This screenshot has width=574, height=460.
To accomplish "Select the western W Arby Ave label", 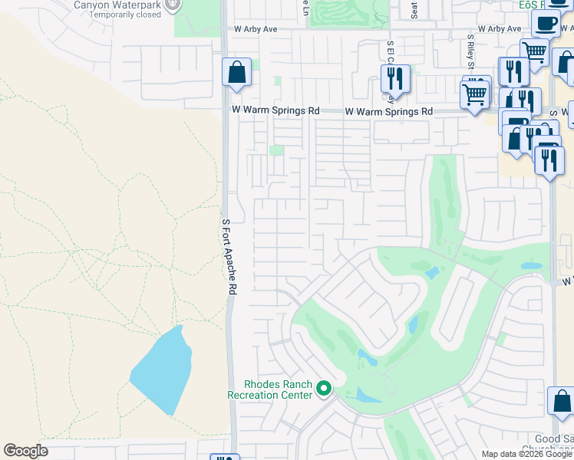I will (x=255, y=29).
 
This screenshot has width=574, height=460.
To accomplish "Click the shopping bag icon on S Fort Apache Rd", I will (x=236, y=73).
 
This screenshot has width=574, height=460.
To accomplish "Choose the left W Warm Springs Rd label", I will (x=276, y=111).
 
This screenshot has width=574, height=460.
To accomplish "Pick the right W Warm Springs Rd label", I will (x=389, y=112).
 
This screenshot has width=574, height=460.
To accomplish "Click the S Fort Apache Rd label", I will (x=227, y=258).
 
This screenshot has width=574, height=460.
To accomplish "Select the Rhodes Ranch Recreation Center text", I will (x=270, y=389).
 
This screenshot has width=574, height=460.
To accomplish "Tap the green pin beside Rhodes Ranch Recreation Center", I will (x=323, y=389).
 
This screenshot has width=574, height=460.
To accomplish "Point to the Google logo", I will (x=25, y=451).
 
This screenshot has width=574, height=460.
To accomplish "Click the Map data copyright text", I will (x=527, y=454).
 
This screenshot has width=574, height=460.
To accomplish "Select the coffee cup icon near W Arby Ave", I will (x=545, y=24).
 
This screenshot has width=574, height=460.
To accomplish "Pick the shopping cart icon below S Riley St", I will (x=475, y=95).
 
